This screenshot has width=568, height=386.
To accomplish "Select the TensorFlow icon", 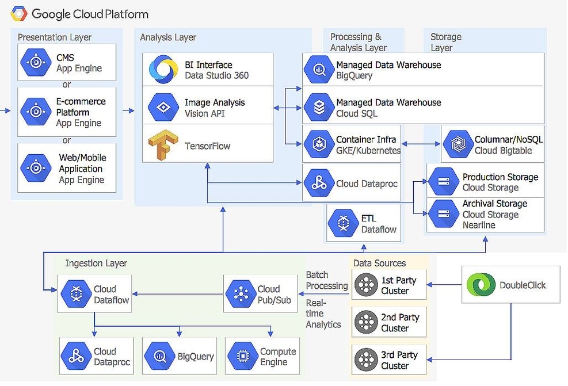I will (x=161, y=146).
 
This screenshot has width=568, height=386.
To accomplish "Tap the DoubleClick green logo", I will (x=481, y=285).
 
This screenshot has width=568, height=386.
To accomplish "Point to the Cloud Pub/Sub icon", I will (x=241, y=295).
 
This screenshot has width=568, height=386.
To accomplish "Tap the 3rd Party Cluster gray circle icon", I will (x=365, y=360).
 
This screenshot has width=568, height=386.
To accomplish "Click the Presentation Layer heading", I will (x=55, y=37).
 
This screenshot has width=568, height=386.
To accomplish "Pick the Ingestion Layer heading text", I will (x=96, y=263).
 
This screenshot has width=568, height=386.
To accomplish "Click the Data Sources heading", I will (x=379, y=263).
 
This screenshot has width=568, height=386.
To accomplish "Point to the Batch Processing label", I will (x=326, y=281).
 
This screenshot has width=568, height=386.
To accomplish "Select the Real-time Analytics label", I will (x=323, y=314).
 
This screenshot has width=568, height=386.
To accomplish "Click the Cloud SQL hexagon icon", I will (x=318, y=108).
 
